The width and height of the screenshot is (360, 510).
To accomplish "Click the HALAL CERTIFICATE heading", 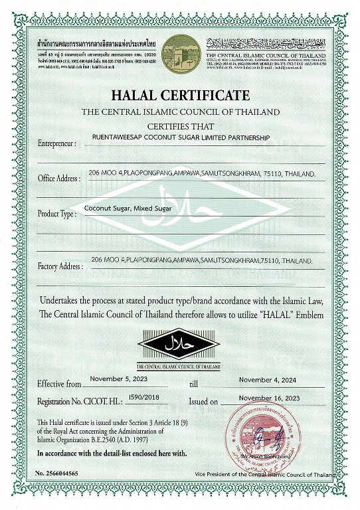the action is point(181,95).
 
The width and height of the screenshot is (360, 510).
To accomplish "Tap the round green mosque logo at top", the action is point(179,52).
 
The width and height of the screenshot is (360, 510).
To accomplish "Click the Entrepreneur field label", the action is point(60,143).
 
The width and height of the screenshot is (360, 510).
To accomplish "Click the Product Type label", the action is point(57,214).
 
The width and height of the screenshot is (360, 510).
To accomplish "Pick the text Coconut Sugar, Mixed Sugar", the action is point(128,209).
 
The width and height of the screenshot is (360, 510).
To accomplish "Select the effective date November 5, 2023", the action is point(118,379).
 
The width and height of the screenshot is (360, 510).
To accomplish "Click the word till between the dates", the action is point(194,384).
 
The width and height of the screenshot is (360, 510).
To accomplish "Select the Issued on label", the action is point(203,402).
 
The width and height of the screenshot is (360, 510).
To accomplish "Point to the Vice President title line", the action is point(264,475).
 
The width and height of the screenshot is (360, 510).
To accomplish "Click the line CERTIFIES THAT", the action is point(180,125).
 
